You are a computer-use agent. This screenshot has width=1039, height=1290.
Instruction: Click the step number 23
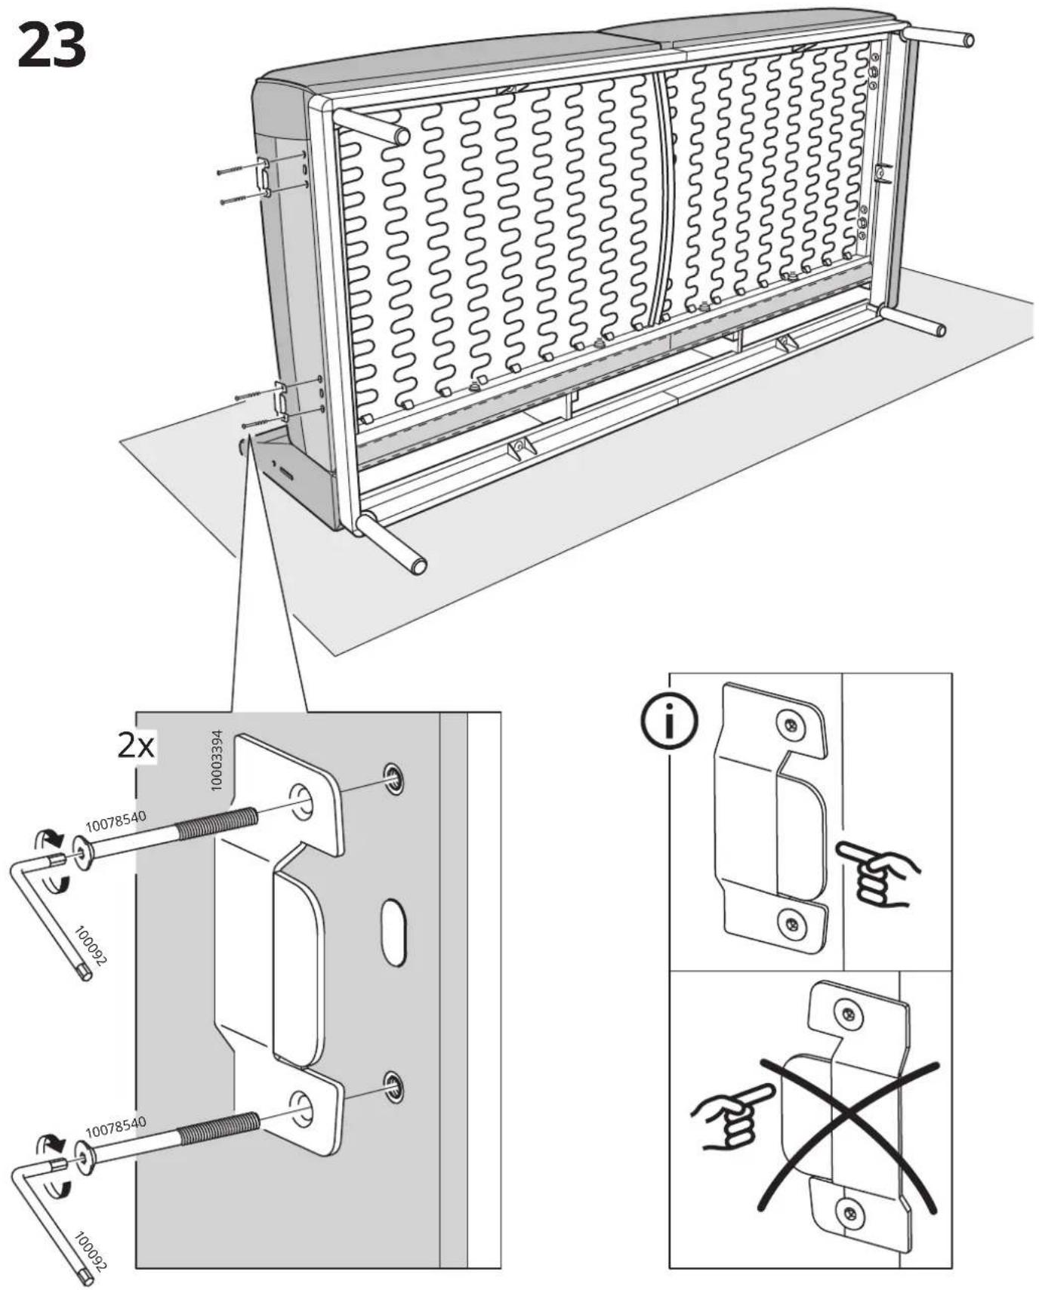pos(51,45)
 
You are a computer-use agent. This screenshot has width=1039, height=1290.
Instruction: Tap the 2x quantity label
pos(136,746)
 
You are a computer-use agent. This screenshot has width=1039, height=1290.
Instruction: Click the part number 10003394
pos(217,760)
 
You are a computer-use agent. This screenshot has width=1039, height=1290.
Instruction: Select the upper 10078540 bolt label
pos(115,820)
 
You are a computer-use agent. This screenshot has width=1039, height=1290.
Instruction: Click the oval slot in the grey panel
pos(393,932)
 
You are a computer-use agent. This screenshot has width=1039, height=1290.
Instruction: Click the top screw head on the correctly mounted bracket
pos(790,727)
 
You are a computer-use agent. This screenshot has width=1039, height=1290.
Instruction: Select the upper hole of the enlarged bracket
pos(301,801)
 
